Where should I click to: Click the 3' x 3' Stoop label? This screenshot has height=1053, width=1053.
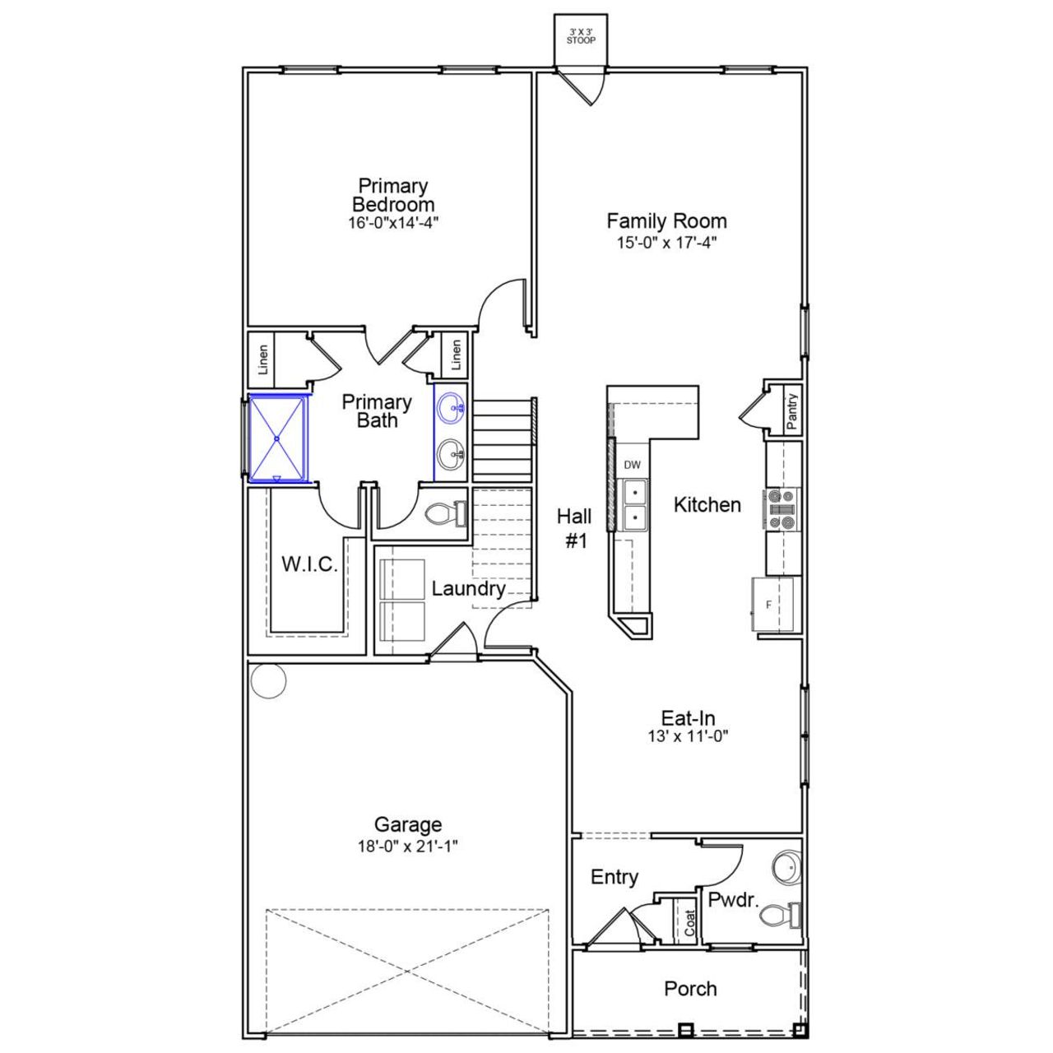[x=581, y=35]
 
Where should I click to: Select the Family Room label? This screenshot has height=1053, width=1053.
[x=666, y=220]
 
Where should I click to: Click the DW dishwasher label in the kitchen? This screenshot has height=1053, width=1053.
[x=632, y=465]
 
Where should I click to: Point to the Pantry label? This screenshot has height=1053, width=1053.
[x=791, y=411]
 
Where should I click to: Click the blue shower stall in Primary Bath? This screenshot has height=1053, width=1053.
[x=278, y=438]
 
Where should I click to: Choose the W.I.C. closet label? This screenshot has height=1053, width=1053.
[x=309, y=564]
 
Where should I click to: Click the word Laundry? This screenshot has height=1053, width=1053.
[x=468, y=589]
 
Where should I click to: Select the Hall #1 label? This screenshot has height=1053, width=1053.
[x=574, y=528]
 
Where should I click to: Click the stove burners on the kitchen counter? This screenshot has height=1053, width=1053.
[x=782, y=508]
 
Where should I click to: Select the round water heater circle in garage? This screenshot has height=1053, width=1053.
[x=268, y=680]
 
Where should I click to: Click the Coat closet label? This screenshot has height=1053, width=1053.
[x=689, y=922]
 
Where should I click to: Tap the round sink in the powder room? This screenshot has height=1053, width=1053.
[x=786, y=868]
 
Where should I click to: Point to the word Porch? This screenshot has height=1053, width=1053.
[x=690, y=989]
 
